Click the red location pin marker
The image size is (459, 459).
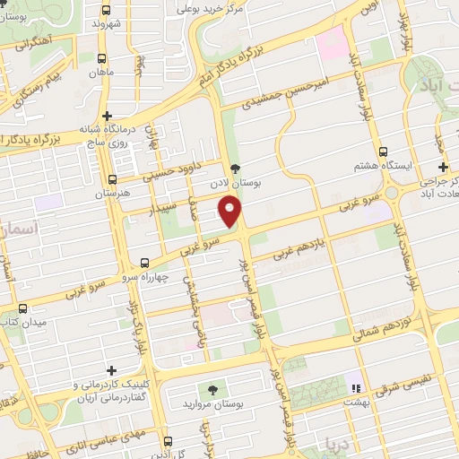pyautogui.click(x=231, y=212)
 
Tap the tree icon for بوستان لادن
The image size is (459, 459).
pyautogui.click(x=235, y=168)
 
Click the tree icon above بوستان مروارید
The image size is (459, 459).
pyautogui.click(x=212, y=390)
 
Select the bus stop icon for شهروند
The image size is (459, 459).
pyautogui.click(x=107, y=10)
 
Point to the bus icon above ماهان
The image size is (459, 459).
pyautogui.click(x=107, y=56)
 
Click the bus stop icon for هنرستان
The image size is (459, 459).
pyautogui.click(x=112, y=179)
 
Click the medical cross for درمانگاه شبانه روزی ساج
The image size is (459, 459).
pyautogui.click(x=107, y=116)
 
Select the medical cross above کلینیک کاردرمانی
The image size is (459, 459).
pyautogui.click(x=111, y=370)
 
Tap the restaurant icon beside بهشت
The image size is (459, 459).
pyautogui.click(x=355, y=389)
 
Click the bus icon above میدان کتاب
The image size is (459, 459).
pyautogui.click(x=22, y=307)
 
